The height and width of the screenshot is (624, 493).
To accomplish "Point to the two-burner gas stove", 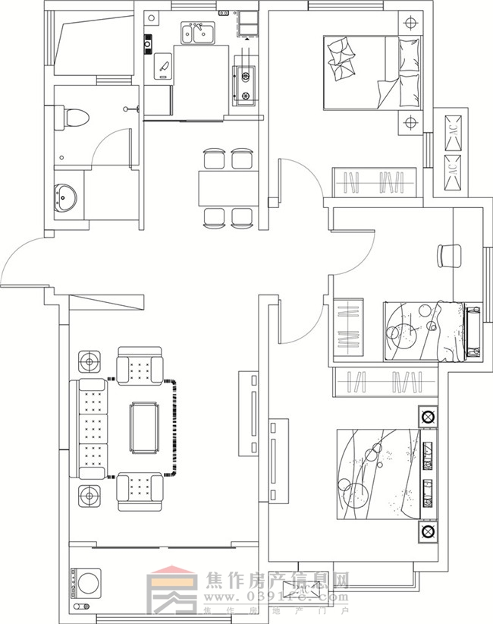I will pyautogui.click(x=246, y=84).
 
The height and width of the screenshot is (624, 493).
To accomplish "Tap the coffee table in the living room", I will pyautogui.click(x=144, y=427).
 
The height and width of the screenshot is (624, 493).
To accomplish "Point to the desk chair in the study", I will pyautogui.click(x=449, y=254).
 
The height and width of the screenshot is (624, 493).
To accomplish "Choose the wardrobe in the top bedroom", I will pyautogui.click(x=377, y=182).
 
